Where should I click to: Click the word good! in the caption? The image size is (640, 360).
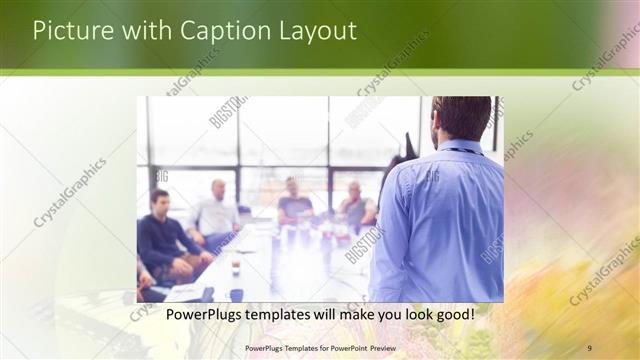click(x=453, y=315)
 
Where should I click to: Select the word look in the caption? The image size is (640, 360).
click(x=411, y=315)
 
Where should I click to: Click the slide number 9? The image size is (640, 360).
click(x=589, y=348)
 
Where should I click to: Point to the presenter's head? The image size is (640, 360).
click(x=462, y=119)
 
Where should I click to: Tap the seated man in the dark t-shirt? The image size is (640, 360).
click(x=294, y=204)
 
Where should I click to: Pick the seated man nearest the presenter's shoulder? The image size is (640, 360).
click(x=355, y=206)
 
